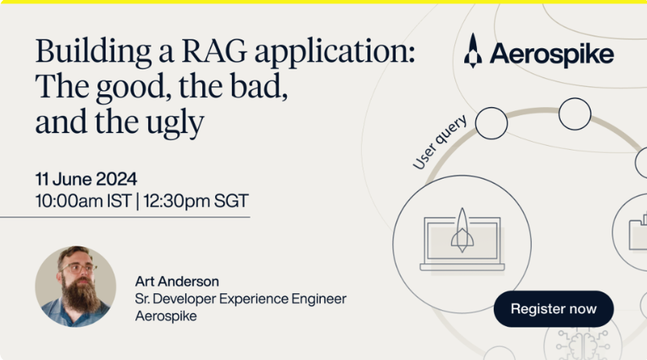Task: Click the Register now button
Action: (x=554, y=309)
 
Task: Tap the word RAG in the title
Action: (x=214, y=51)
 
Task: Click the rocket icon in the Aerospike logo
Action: (x=473, y=50)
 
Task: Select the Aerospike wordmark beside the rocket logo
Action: (x=552, y=55)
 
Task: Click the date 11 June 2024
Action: (x=86, y=179)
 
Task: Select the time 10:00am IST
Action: (x=83, y=201)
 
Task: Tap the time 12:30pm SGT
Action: (x=196, y=201)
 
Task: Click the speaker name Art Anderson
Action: (x=177, y=281)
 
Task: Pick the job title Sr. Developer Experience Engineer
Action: (x=241, y=299)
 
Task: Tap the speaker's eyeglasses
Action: (x=78, y=268)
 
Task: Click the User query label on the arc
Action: (x=440, y=142)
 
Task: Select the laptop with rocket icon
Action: (x=462, y=241)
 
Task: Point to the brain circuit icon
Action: (x=583, y=345)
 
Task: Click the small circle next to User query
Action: (x=491, y=123)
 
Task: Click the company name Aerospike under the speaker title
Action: (x=166, y=317)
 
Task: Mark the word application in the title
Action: (x=334, y=53)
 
